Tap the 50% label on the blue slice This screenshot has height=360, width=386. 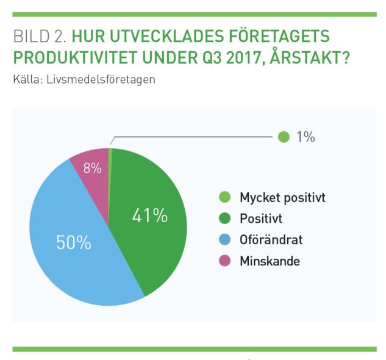73,242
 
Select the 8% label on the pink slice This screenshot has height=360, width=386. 93,168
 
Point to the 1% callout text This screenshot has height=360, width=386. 305,137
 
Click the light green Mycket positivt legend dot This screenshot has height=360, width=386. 225,198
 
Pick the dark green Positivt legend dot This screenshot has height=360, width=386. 225,218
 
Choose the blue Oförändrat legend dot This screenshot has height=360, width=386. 225,240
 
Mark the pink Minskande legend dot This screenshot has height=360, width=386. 225,261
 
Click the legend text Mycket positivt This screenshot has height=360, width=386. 282,198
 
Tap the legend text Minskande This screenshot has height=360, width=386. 270,261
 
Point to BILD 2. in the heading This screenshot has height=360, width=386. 36,37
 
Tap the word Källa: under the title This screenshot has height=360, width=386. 27,80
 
